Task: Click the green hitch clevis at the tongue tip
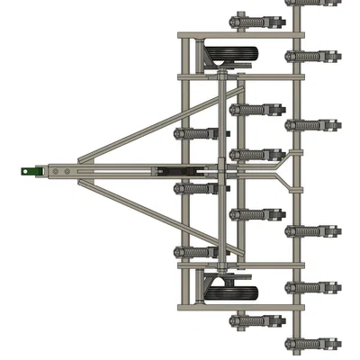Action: pyautogui.click(x=35, y=168)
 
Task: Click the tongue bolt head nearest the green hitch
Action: pyautogui.click(x=54, y=168)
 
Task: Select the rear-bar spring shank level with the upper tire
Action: pyautogui.click(x=311, y=56)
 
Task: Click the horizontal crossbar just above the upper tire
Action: pyautogui.click(x=238, y=36)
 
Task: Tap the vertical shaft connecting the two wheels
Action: pyautogui.click(x=220, y=171)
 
